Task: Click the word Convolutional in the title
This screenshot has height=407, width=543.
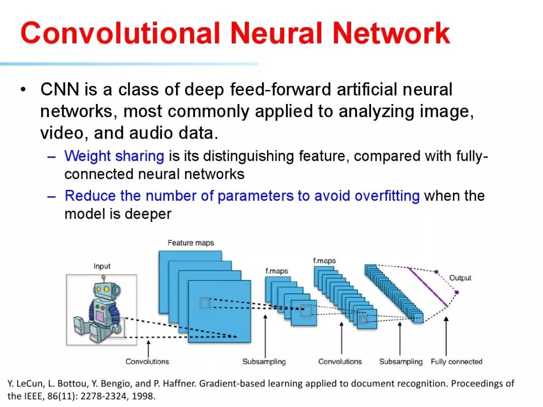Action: coord(120,33)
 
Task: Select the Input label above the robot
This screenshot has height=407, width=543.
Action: coord(102,266)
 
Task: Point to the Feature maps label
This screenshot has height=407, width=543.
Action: coord(191,243)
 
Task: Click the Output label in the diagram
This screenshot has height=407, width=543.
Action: coord(460,278)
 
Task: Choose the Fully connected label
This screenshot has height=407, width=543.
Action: coord(456,362)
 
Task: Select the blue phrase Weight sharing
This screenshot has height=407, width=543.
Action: coord(114,156)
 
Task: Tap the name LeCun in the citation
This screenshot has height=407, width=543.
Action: coord(31,384)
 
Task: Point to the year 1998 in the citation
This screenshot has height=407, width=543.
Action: coord(145,396)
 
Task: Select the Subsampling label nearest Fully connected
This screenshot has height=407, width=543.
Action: coord(401,362)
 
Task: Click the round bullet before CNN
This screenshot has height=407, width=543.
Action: coord(23,90)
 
